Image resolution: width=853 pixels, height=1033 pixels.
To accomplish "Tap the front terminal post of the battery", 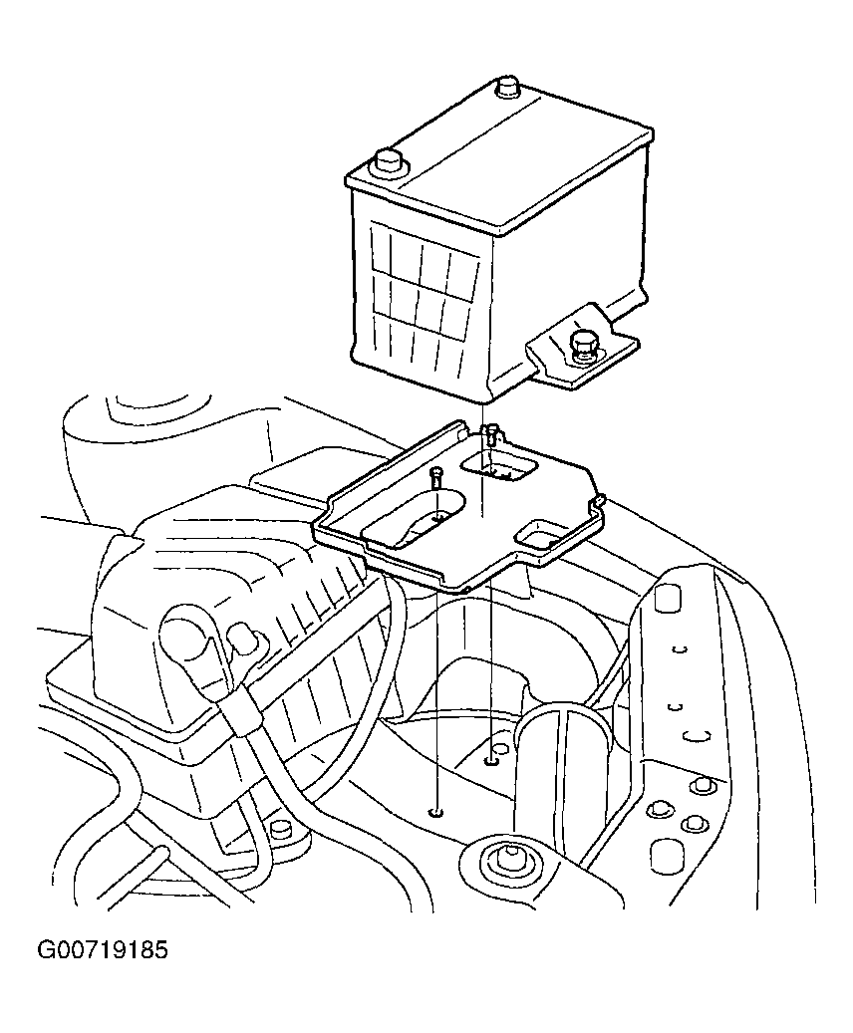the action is tap(389, 163).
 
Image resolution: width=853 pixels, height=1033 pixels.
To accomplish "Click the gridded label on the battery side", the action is tap(424, 280).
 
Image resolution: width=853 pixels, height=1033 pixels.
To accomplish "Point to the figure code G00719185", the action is tap(103, 950).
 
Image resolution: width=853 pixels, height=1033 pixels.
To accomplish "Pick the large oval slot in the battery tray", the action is tap(414, 517).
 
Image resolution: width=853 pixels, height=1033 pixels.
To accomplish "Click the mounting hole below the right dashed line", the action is tap(491, 762).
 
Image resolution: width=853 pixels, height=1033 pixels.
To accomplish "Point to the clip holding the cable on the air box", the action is tap(239, 710).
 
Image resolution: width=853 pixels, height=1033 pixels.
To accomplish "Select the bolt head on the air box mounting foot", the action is tap(280, 829).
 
